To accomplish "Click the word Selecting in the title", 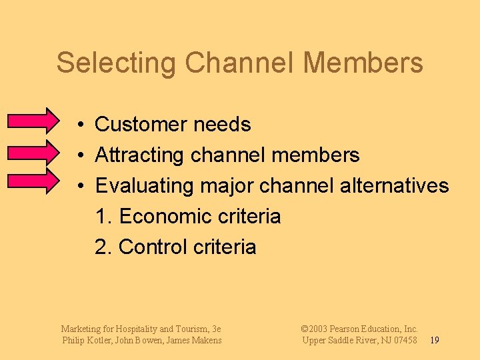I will coord(116,63).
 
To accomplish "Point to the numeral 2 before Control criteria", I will coord(101,247).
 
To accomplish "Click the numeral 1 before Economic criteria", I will coord(101,216).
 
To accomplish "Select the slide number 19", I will coord(434,341).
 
